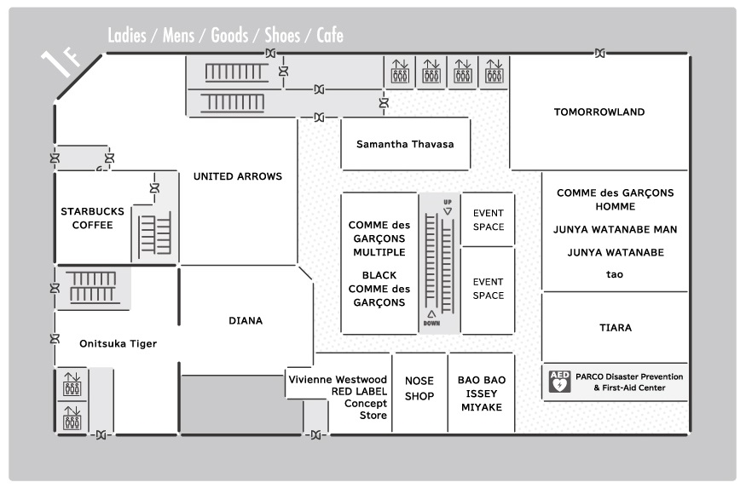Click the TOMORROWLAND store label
[x=599, y=112]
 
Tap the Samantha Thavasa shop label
[x=405, y=144]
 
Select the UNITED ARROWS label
[x=237, y=176]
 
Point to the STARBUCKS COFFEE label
[x=92, y=218]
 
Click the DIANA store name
[x=246, y=320]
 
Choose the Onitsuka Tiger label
[x=118, y=344]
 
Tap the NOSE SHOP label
[x=419, y=388]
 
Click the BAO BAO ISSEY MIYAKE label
[x=482, y=393]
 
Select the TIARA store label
[x=616, y=328]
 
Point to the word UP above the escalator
[x=448, y=202]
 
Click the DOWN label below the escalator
[x=431, y=324]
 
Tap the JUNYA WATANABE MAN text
[x=615, y=230]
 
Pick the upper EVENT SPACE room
[x=488, y=220]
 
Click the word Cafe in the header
[x=330, y=35]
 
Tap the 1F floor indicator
[x=60, y=62]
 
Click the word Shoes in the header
[x=282, y=35]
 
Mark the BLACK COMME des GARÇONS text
[x=379, y=289]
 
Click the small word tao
[x=614, y=274]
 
